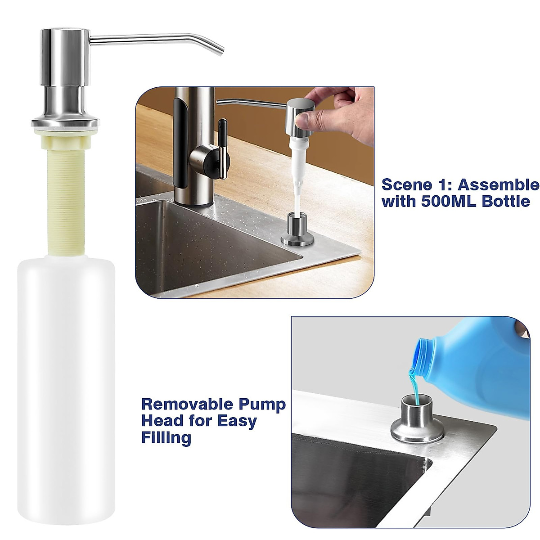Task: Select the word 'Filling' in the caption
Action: (x=166, y=437)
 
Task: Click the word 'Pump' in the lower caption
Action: (x=264, y=405)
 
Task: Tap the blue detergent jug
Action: (x=486, y=369)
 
